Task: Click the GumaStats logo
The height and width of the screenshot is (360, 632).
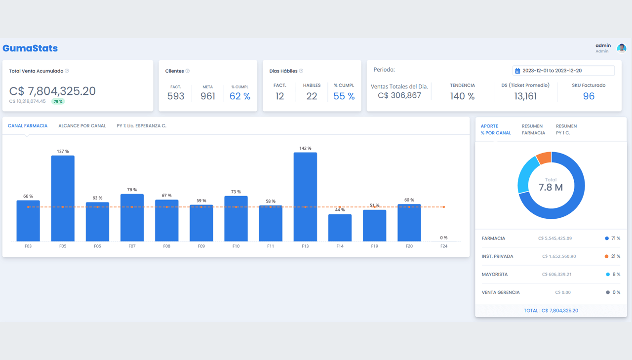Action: pyautogui.click(x=30, y=48)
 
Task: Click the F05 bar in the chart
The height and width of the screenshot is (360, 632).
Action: pyautogui.click(x=63, y=198)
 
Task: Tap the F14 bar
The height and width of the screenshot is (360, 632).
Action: pyautogui.click(x=340, y=228)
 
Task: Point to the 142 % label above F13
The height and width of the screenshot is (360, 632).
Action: pyautogui.click(x=305, y=148)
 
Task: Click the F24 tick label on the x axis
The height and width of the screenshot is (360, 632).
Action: pyautogui.click(x=444, y=246)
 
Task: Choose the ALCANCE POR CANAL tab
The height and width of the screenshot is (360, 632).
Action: pyautogui.click(x=82, y=126)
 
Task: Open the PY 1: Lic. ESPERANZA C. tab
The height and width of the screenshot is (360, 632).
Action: pyautogui.click(x=141, y=126)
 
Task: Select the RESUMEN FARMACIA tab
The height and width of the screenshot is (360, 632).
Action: pyautogui.click(x=533, y=129)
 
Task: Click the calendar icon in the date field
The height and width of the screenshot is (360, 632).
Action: pyautogui.click(x=517, y=71)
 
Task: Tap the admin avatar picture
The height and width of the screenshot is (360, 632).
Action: pyautogui.click(x=622, y=48)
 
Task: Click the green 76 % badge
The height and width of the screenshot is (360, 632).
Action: pyautogui.click(x=58, y=101)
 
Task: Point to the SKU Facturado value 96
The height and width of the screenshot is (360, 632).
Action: pyautogui.click(x=589, y=96)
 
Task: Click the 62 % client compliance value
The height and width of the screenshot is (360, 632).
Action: pyautogui.click(x=240, y=96)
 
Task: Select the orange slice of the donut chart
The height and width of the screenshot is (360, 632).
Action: pyautogui.click(x=544, y=158)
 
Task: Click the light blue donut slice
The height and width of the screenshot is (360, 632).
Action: pyautogui.click(x=527, y=175)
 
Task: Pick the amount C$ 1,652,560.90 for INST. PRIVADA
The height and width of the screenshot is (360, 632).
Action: pyautogui.click(x=558, y=256)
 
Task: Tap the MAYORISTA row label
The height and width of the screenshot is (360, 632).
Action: pyautogui.click(x=494, y=275)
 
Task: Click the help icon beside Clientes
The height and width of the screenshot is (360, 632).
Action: pyautogui.click(x=188, y=71)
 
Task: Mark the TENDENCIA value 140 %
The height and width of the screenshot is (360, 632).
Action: pyautogui.click(x=462, y=96)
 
